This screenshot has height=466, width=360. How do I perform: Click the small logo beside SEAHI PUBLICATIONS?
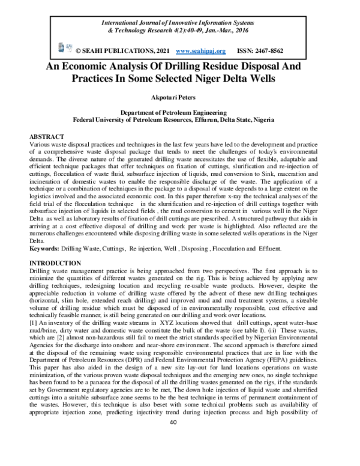point(61,47)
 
